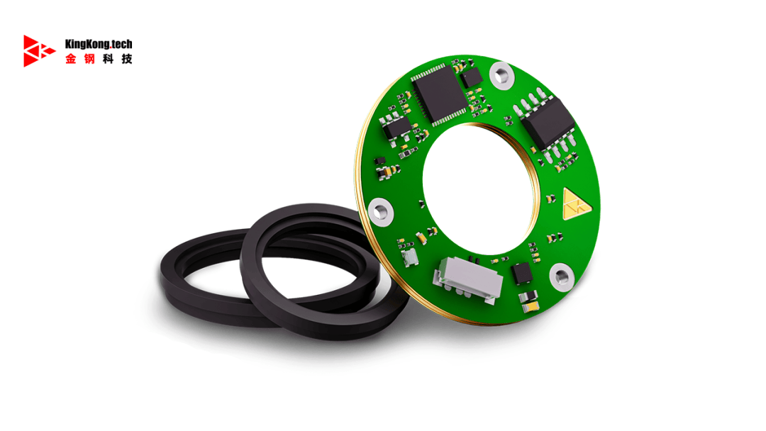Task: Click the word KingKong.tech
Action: (99, 44)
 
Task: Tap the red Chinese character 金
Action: (71, 59)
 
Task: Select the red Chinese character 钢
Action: (89, 59)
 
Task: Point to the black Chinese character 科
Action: (109, 59)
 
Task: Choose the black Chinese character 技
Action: (127, 59)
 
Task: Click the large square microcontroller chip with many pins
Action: (439, 95)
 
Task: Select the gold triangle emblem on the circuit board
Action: (575, 203)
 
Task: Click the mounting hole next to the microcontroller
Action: (501, 76)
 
